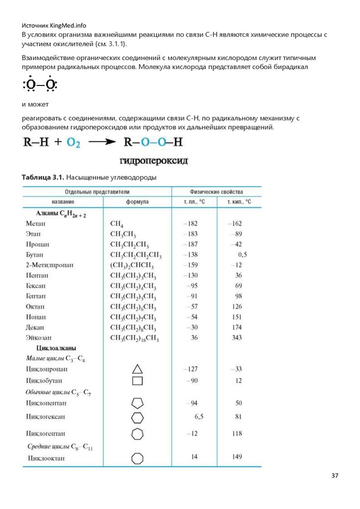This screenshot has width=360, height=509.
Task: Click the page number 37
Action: tap(335, 476)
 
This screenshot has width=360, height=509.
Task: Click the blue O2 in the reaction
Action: tap(73, 143)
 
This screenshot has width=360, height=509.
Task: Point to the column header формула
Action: tap(137, 202)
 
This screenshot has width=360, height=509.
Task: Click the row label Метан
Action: tap(36, 224)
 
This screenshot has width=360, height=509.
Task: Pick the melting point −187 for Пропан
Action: tap(190, 244)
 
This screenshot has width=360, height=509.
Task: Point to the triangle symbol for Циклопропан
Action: tap(137, 369)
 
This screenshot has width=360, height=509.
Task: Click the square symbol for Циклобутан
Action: tap(137, 381)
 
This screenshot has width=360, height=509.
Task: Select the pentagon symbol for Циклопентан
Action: tap(137, 403)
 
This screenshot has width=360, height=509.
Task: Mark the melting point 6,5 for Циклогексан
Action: tap(199, 416)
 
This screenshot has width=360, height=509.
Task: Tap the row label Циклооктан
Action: tap(46, 457)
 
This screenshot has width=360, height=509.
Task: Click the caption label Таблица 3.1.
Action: tap(43, 177)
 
